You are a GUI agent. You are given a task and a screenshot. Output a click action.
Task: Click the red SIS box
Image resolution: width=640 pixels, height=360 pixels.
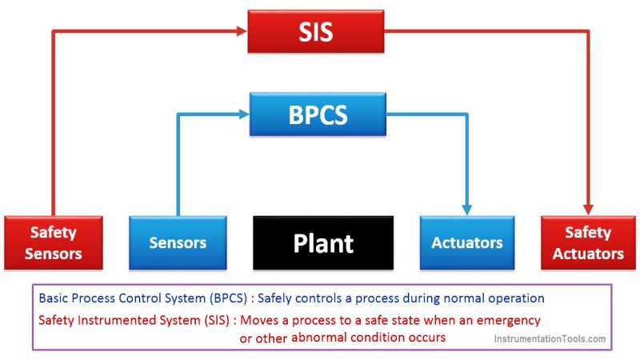(315, 33)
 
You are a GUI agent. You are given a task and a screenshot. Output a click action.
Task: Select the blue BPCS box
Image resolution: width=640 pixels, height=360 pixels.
(318, 114)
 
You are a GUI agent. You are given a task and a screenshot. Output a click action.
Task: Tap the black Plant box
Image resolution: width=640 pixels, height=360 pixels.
(322, 242)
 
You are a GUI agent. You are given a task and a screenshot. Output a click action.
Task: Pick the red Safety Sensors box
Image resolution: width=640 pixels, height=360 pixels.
(53, 243)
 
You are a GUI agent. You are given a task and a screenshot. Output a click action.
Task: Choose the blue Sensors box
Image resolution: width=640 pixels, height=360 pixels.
(178, 242)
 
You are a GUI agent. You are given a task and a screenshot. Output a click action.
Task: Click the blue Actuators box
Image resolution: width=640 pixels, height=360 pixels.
(467, 242)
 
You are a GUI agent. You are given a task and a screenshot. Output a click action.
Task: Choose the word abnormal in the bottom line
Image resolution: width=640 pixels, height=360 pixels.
(321, 338)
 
